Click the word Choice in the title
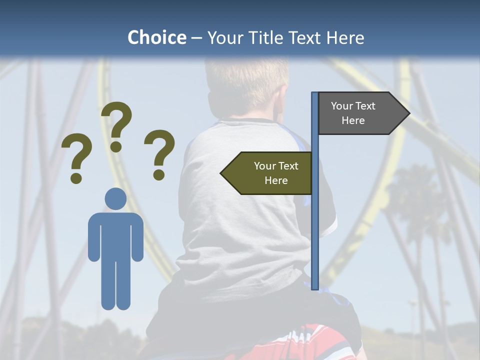tap(156, 37)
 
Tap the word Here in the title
tap(345, 37)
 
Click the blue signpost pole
tap(315, 210)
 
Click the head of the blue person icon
tap(115, 198)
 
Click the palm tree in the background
tap(415, 200)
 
